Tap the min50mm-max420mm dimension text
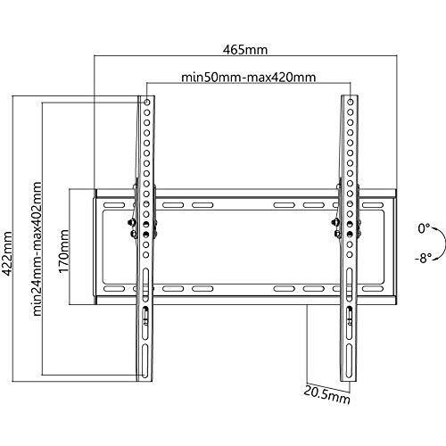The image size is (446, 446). [x=249, y=78]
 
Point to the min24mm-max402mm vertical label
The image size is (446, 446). [x=37, y=249]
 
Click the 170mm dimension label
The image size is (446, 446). [x=63, y=251]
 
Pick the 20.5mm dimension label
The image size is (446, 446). [x=326, y=395]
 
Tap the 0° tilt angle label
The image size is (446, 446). [x=424, y=228]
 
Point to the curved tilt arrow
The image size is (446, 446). [x=445, y=244]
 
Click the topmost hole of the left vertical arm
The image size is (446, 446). [x=147, y=103]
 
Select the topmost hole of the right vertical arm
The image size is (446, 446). [x=351, y=102]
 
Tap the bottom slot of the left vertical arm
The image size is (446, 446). [x=145, y=361]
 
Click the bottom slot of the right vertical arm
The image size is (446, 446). [x=349, y=361]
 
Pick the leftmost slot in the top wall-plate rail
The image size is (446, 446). [x=114, y=205]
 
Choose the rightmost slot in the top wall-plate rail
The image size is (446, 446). [x=373, y=205]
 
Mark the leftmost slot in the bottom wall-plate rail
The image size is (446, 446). [x=114, y=289]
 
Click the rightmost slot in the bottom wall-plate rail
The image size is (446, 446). [x=373, y=289]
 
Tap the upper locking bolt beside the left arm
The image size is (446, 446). [x=131, y=222]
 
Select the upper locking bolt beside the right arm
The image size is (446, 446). [x=335, y=222]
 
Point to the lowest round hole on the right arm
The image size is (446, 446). [x=350, y=255]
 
